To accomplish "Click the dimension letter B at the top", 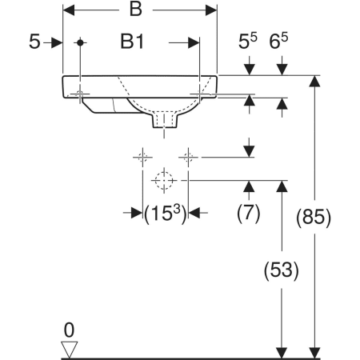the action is click(x=135, y=10).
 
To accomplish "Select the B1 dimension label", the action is click(x=132, y=42).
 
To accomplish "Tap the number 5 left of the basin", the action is click(x=34, y=42).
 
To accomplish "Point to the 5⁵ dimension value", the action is click(x=248, y=41).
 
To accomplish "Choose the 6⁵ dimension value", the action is click(x=278, y=41).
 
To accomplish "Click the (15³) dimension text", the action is click(x=165, y=214).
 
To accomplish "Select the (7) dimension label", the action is click(x=249, y=213).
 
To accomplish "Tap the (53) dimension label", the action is click(x=282, y=270).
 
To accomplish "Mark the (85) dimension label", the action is click(x=314, y=218).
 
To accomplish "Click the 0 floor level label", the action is click(x=69, y=330).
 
